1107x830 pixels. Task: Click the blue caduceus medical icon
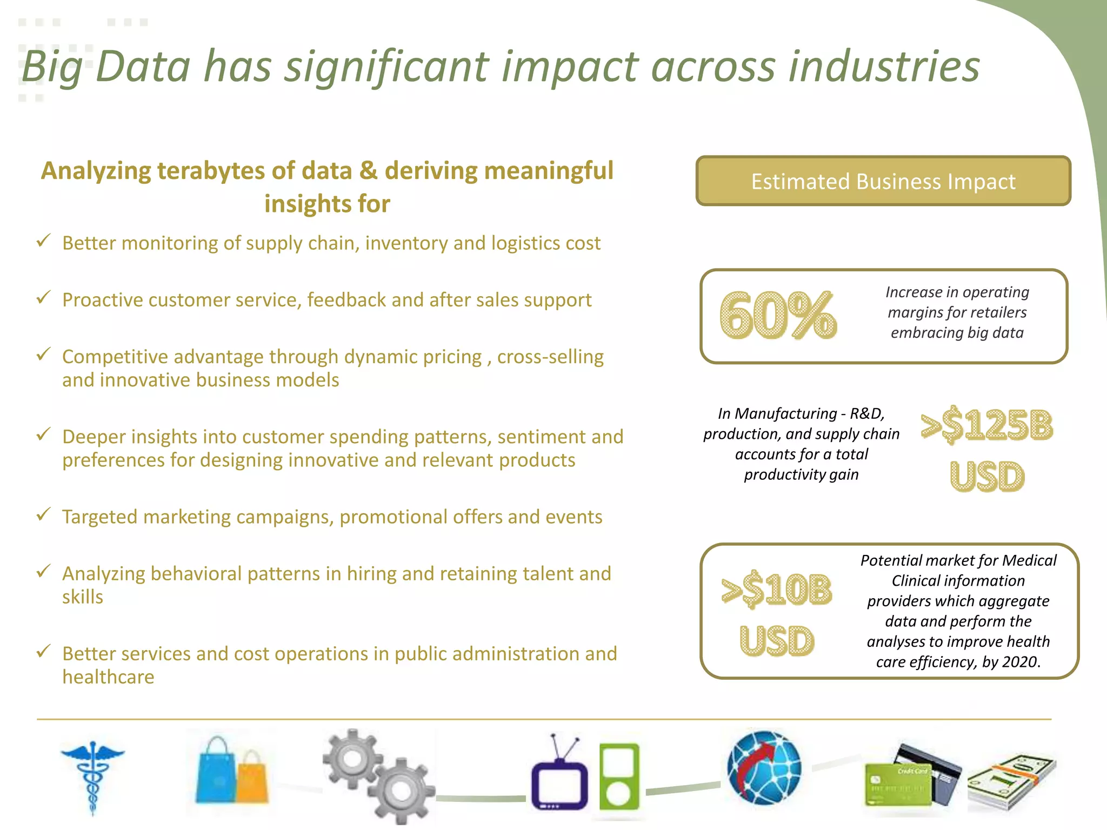tap(92, 775)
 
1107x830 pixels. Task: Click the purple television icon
tap(559, 778)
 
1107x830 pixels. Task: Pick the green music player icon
tap(619, 778)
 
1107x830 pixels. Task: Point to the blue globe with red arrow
tap(764, 768)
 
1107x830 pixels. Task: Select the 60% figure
tap(778, 316)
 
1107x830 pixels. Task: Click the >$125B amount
tap(987, 425)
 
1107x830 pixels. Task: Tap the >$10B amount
tap(777, 590)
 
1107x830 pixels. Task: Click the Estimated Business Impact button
tap(883, 182)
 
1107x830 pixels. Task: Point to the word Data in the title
tap(143, 67)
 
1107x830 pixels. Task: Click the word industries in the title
tap(884, 67)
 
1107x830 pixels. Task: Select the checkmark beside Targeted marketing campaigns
tap(43, 514)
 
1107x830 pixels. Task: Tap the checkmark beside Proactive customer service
tap(43, 297)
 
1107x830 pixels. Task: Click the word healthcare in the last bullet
tap(108, 677)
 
